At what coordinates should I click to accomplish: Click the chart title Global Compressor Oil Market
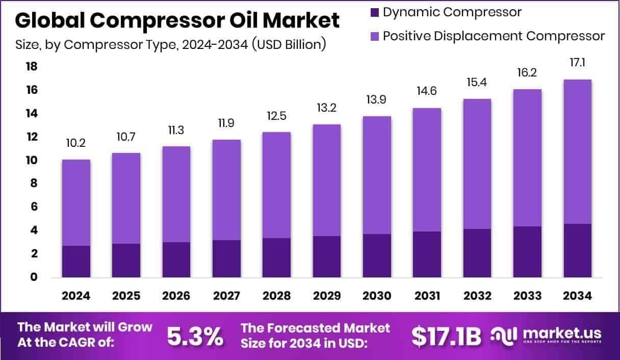177,21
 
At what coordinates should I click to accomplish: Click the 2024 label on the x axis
76,296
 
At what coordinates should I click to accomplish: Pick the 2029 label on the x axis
326,296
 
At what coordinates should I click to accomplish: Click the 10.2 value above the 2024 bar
76,144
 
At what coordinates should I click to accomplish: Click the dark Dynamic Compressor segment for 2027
226,259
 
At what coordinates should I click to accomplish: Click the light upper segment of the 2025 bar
126,198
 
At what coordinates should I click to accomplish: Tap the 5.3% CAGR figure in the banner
195,336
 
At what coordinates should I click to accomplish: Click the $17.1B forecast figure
446,336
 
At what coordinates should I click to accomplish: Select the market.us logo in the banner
546,336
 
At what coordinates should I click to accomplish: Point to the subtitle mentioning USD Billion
171,45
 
